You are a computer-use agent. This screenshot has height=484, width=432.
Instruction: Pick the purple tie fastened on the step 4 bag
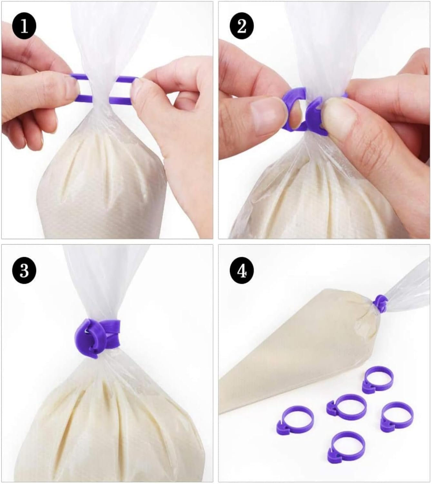click(x=380, y=304)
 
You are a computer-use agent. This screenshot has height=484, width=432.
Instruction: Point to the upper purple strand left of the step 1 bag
click(x=78, y=77)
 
